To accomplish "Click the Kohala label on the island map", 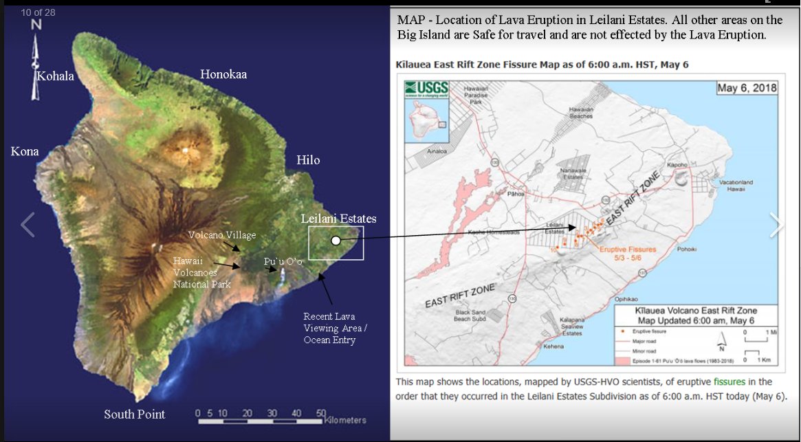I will point(55,76).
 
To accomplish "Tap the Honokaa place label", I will point(223,74).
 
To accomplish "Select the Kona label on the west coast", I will point(25,151).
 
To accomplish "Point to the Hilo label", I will point(308,160).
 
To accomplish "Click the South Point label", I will point(134,414).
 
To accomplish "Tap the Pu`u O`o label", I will point(283,262).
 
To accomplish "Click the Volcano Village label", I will point(222,235).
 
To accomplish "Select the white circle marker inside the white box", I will point(336,241).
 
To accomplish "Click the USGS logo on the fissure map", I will point(426,89).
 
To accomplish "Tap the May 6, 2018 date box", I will point(745,88).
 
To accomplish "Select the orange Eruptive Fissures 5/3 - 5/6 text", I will point(628,254).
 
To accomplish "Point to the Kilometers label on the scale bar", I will point(346,420).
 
